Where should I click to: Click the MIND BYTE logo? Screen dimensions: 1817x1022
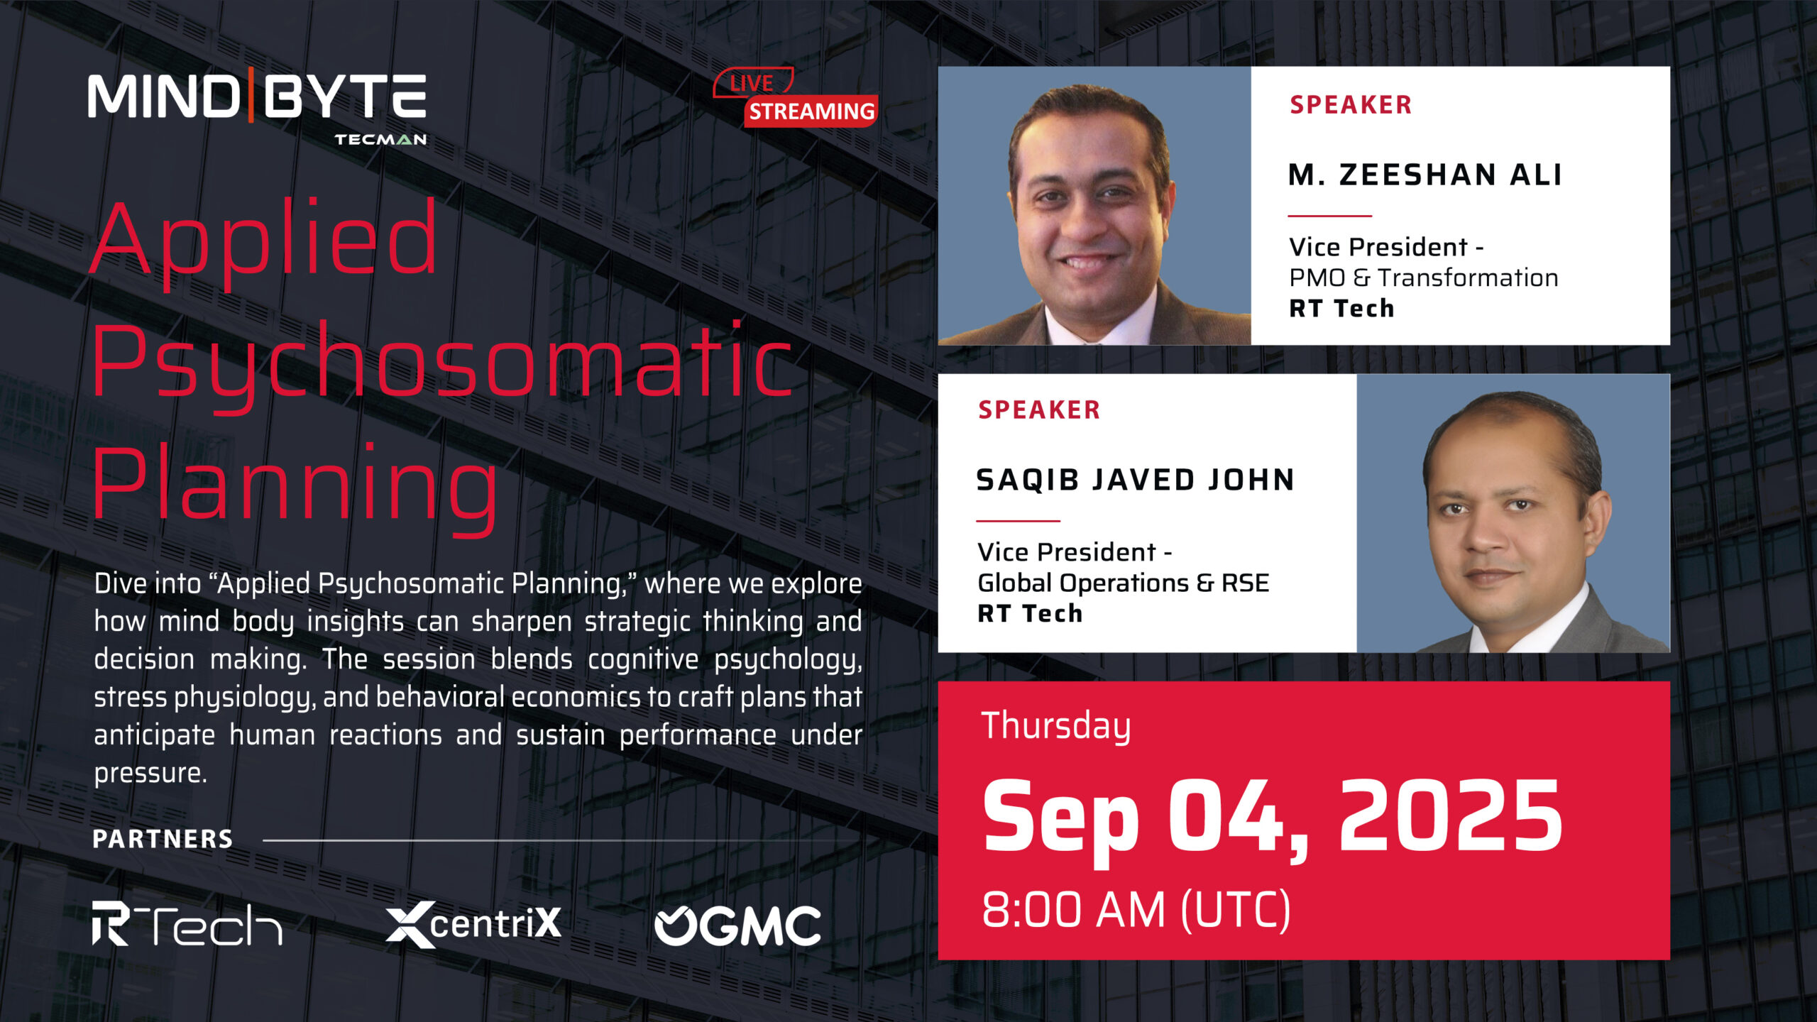[257, 106]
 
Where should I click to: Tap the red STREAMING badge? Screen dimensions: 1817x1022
[811, 111]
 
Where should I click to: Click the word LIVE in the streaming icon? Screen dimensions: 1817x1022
[752, 83]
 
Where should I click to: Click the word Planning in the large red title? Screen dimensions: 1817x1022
[295, 487]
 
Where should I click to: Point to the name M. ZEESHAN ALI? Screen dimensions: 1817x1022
[1425, 175]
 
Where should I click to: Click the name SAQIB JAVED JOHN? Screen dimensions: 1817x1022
[1136, 480]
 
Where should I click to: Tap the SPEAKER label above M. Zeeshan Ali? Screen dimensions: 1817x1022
[1351, 104]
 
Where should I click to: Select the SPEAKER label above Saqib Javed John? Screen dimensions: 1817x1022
[1039, 410]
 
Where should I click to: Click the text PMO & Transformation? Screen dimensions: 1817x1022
[1424, 278]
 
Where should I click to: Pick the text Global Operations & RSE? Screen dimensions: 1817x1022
[1123, 583]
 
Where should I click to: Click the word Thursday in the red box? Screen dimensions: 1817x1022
[1056, 726]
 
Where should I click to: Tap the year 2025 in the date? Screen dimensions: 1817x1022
[1451, 815]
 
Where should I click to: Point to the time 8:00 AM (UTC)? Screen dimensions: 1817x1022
[1136, 910]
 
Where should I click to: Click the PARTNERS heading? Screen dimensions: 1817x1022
[163, 839]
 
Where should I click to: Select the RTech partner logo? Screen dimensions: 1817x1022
[187, 923]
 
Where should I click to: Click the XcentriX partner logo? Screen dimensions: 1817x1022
[473, 924]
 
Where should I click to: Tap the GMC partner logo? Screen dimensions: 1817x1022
[737, 925]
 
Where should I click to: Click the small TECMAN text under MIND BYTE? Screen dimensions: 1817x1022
[380, 139]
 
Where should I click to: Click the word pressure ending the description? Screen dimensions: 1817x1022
[150, 773]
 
